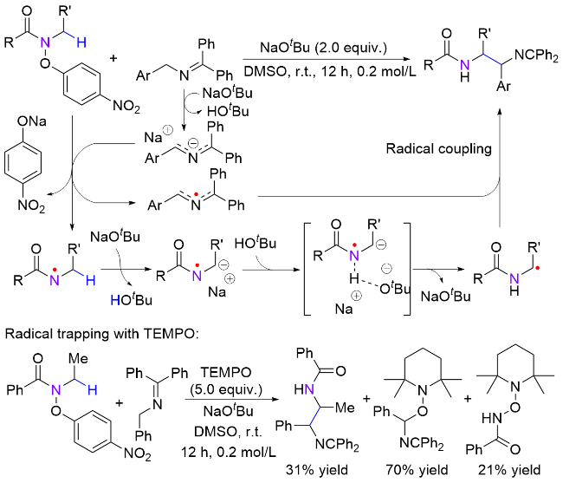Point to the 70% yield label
(x=415, y=470)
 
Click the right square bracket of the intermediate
(x=450, y=271)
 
